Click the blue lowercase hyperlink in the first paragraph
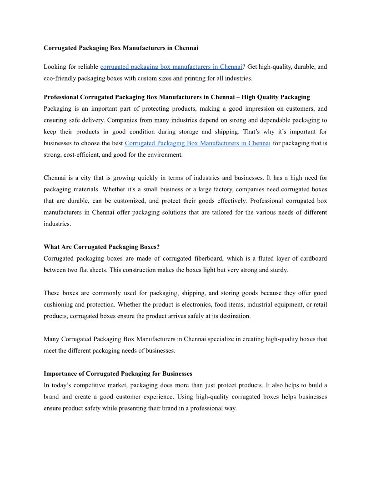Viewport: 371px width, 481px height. point(171,67)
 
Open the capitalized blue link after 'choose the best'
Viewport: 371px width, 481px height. point(197,143)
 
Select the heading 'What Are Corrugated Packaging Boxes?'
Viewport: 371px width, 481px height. point(101,247)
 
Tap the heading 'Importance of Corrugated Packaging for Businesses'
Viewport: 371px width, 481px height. point(118,374)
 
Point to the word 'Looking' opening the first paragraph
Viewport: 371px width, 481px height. point(55,67)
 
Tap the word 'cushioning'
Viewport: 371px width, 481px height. point(60,304)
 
